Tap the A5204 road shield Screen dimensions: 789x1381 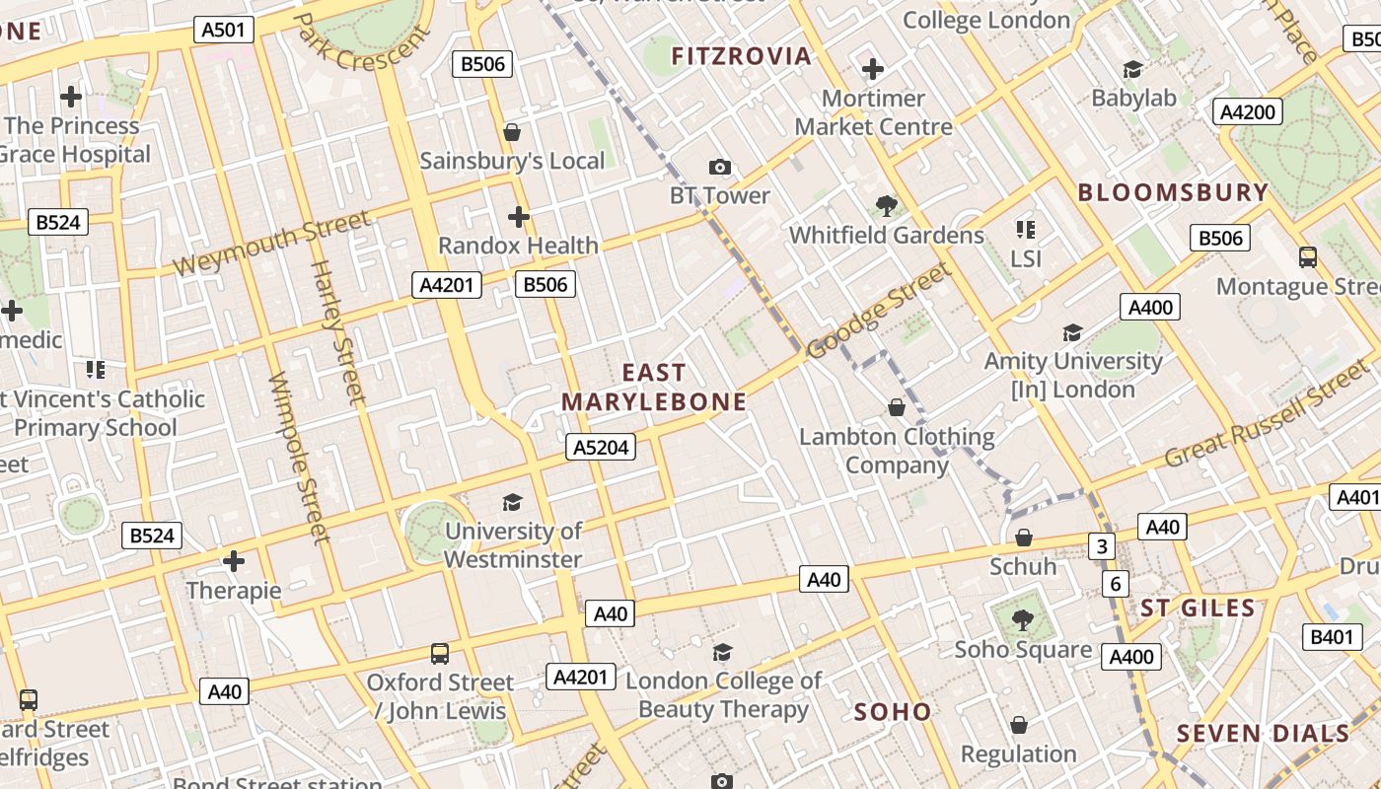(x=601, y=447)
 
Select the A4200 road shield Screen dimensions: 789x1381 (x=1247, y=111)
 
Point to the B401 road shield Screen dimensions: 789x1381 (x=1331, y=637)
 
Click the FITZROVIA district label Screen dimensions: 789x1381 (x=741, y=56)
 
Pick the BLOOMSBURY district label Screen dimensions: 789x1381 (x=1173, y=192)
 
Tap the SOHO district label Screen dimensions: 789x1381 (x=893, y=712)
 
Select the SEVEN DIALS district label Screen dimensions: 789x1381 (x=1263, y=734)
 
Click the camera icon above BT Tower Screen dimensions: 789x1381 (x=720, y=167)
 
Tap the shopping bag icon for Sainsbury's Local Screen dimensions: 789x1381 (x=512, y=132)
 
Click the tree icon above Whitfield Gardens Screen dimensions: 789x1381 (x=886, y=206)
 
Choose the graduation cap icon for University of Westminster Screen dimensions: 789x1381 (x=512, y=502)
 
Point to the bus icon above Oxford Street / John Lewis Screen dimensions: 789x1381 (x=440, y=653)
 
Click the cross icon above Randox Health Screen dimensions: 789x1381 (x=519, y=217)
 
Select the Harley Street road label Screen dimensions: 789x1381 (x=338, y=331)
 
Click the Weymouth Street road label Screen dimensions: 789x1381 (x=271, y=243)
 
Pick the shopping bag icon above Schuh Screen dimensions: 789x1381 (x=1024, y=538)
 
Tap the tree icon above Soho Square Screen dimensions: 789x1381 (x=1023, y=620)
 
